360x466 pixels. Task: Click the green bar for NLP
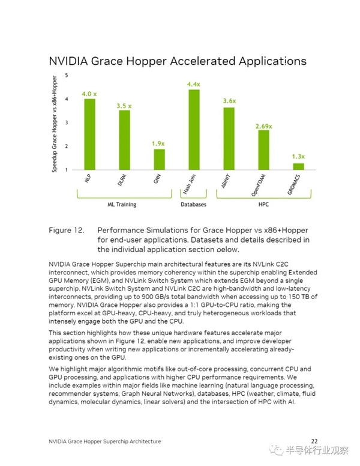(x=89, y=134)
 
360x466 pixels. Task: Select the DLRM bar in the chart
(x=124, y=140)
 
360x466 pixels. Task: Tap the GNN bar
(x=159, y=159)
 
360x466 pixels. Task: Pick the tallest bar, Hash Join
(x=194, y=130)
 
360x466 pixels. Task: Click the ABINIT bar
(x=229, y=139)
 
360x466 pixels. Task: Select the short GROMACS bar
(x=298, y=166)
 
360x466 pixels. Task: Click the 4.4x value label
(x=194, y=85)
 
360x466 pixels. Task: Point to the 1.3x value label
(x=298, y=157)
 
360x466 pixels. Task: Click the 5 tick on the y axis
(x=66, y=75)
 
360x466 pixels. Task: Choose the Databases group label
(x=194, y=204)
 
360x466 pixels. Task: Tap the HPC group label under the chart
(x=263, y=204)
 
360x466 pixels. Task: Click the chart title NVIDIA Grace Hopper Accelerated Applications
(x=178, y=61)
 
